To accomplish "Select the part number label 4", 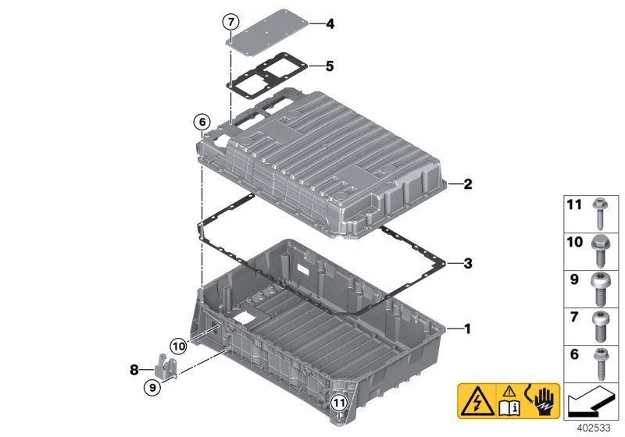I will [x=330, y=24].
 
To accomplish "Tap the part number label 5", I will [x=330, y=66].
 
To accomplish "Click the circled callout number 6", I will [x=202, y=122].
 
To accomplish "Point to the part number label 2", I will [x=467, y=185].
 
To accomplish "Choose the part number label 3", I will [x=467, y=263].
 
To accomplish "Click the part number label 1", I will [x=467, y=329].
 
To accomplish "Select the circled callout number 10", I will [x=179, y=344].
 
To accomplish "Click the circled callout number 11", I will [x=337, y=403].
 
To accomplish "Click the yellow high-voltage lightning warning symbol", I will [x=475, y=403].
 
